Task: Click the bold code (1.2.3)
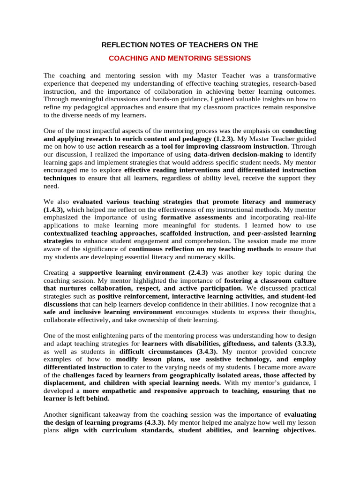point(222,139)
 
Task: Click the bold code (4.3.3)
point(152,422)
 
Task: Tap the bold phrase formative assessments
point(196,217)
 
